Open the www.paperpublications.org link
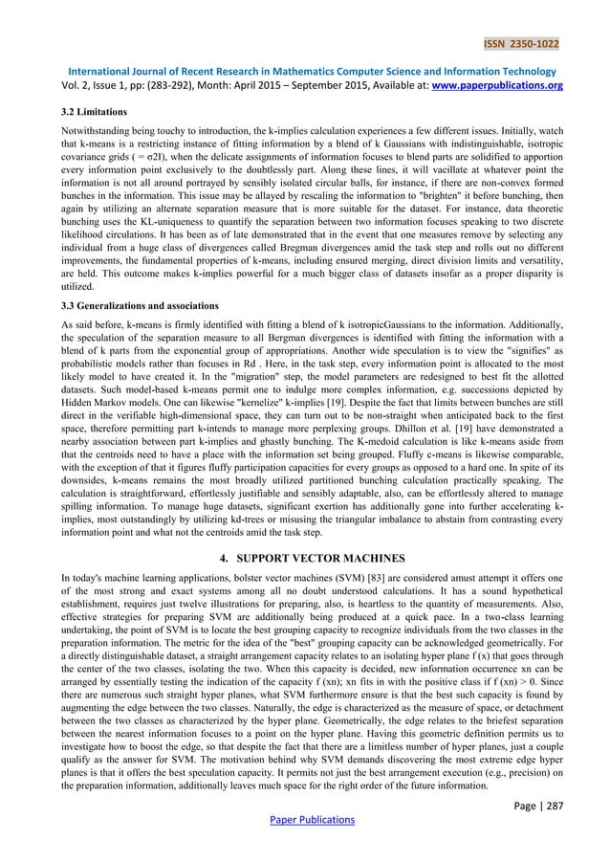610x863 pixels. pos(501,85)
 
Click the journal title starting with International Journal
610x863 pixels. pos(305,69)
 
